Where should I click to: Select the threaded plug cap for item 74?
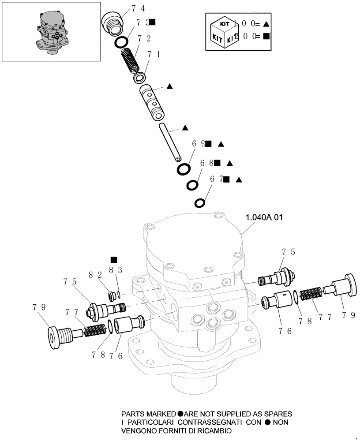113,23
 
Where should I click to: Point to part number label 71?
154,55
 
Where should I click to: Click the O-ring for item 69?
184,169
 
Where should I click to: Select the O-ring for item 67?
200,203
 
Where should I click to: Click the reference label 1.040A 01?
264,217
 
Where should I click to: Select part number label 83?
114,269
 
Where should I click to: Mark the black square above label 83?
114,260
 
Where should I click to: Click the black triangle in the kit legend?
266,25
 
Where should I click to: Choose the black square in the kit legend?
266,37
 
